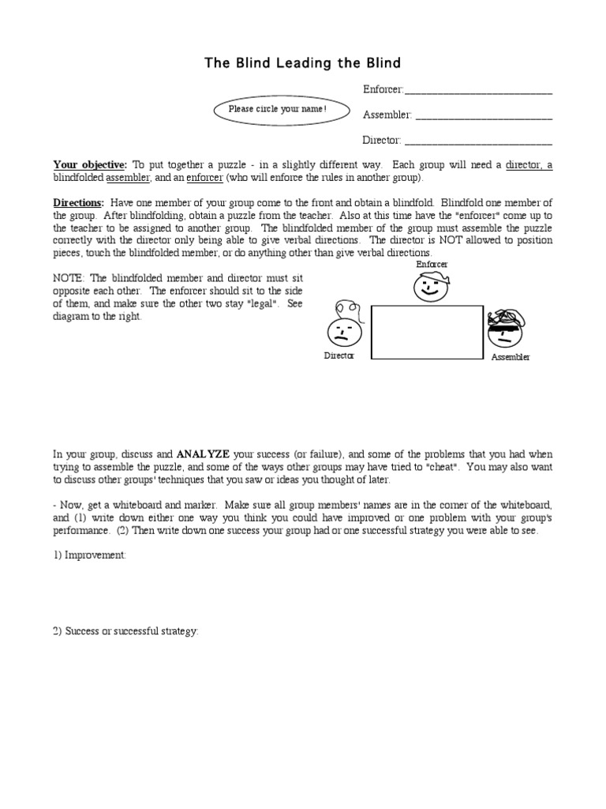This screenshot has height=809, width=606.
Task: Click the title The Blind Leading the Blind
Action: point(303,62)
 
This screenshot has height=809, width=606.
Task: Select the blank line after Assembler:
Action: point(484,117)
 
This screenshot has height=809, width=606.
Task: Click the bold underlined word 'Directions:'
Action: point(78,203)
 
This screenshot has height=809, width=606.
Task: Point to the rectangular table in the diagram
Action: point(427,333)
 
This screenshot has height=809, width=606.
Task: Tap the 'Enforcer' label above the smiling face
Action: point(432,264)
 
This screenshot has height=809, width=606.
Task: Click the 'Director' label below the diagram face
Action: point(339,356)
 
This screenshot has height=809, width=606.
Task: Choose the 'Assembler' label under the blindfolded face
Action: point(511,357)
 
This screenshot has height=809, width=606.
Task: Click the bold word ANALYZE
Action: point(203,454)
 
